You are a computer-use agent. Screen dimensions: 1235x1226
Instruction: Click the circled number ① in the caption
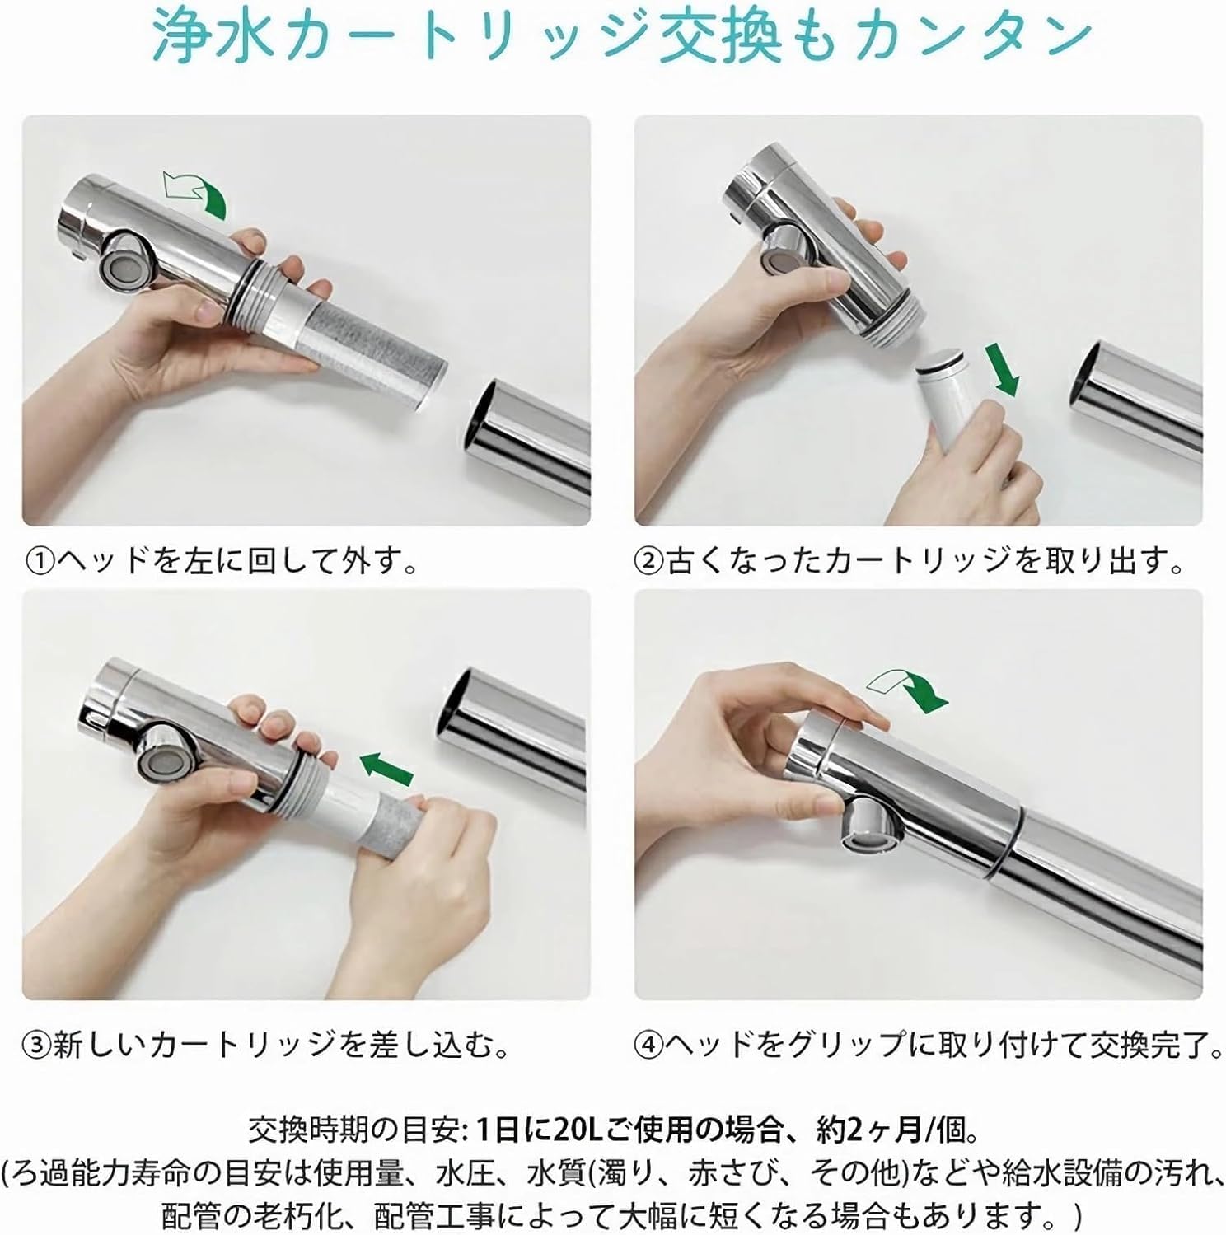click(40, 563)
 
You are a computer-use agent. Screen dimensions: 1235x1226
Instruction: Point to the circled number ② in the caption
click(650, 563)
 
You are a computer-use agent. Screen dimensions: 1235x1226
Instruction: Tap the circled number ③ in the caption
click(40, 1046)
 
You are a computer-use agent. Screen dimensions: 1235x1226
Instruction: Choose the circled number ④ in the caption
click(650, 1046)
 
